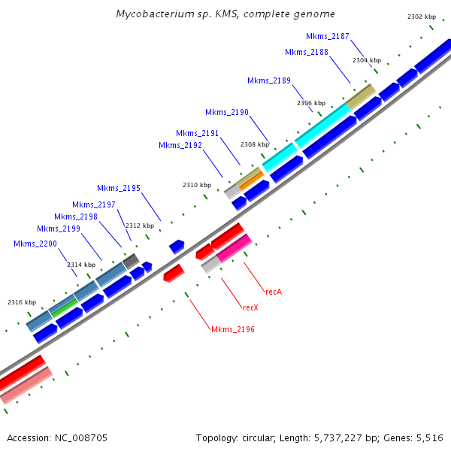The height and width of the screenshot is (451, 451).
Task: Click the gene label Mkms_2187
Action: (x=327, y=36)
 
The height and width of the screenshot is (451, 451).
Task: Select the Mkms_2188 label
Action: (x=307, y=52)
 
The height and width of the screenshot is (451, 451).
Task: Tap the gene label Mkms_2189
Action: (x=268, y=80)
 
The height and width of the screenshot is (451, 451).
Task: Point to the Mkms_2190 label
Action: (x=226, y=112)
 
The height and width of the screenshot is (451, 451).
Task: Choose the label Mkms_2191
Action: (x=197, y=133)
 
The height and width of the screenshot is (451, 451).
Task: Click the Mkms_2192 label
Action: (x=180, y=145)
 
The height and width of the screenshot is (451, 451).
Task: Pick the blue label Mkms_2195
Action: (x=118, y=188)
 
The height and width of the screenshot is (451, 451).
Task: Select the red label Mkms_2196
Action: (x=233, y=329)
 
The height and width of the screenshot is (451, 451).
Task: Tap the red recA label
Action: (x=274, y=291)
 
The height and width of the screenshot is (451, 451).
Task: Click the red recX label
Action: (x=250, y=307)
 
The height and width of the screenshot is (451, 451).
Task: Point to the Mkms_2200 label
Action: (x=35, y=244)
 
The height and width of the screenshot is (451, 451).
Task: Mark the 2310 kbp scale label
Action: (x=197, y=185)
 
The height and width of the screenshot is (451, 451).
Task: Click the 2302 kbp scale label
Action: (x=421, y=17)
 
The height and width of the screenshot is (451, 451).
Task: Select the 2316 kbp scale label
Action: (x=22, y=302)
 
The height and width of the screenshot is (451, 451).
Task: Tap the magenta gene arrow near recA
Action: (x=234, y=247)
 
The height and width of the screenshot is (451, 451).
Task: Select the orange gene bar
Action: (x=251, y=181)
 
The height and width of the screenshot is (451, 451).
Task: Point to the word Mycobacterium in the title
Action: (x=150, y=14)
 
